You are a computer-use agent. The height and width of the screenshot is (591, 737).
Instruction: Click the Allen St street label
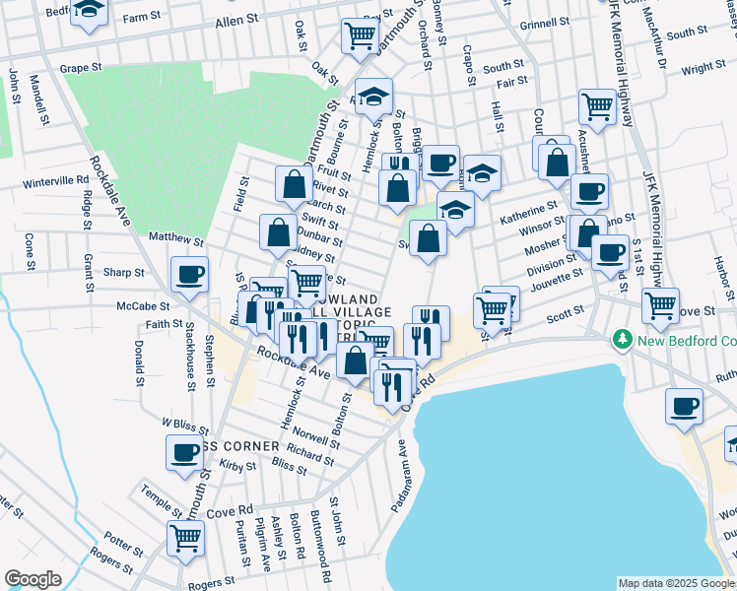[236, 21]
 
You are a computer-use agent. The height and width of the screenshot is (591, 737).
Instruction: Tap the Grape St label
[81, 69]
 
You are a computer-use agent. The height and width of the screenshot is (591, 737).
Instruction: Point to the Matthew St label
[175, 239]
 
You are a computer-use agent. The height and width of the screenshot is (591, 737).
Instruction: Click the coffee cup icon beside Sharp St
[189, 275]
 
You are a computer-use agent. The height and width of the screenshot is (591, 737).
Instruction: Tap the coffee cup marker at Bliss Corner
[184, 452]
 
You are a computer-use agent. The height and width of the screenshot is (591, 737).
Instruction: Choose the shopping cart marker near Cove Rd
[185, 539]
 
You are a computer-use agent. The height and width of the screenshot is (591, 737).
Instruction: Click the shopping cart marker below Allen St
[360, 35]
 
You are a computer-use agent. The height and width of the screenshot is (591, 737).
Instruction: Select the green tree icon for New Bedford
[623, 341]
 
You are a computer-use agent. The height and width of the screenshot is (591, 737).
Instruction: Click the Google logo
[33, 579]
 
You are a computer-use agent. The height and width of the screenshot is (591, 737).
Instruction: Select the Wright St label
[703, 68]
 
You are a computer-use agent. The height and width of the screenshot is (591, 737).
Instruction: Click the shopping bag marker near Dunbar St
[279, 232]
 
